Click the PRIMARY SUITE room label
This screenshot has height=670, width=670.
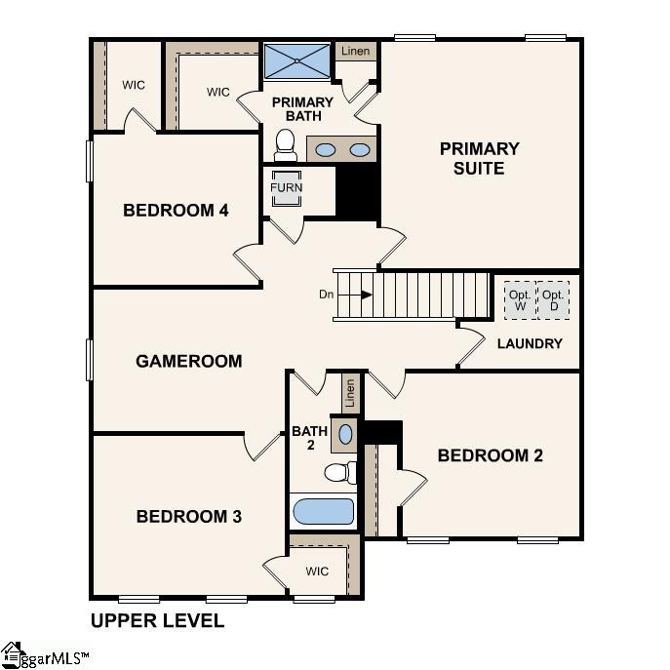pyautogui.click(x=479, y=158)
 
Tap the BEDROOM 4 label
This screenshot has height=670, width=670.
pyautogui.click(x=176, y=210)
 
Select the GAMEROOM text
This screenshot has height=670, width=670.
pyautogui.click(x=188, y=361)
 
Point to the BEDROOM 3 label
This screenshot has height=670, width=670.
pyautogui.click(x=188, y=516)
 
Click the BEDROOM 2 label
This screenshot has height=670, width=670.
pyautogui.click(x=490, y=455)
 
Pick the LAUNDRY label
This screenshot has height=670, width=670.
pyautogui.click(x=530, y=343)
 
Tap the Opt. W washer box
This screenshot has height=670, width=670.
pyautogui.click(x=519, y=300)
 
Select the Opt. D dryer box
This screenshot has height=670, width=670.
pyautogui.click(x=554, y=300)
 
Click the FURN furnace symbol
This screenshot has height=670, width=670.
pyautogui.click(x=287, y=188)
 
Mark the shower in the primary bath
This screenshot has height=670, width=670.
pyautogui.click(x=297, y=60)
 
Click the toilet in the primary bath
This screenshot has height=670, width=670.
pyautogui.click(x=286, y=146)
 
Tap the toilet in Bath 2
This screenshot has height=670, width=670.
pyautogui.click(x=337, y=473)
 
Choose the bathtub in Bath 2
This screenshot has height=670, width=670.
pyautogui.click(x=323, y=511)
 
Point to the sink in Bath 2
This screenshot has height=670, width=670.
pyautogui.click(x=345, y=433)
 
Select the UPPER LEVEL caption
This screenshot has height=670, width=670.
pyautogui.click(x=157, y=620)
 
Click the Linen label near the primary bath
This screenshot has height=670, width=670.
pyautogui.click(x=355, y=51)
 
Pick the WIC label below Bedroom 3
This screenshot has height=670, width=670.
pyautogui.click(x=317, y=571)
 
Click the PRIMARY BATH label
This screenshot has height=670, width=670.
pyautogui.click(x=302, y=109)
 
